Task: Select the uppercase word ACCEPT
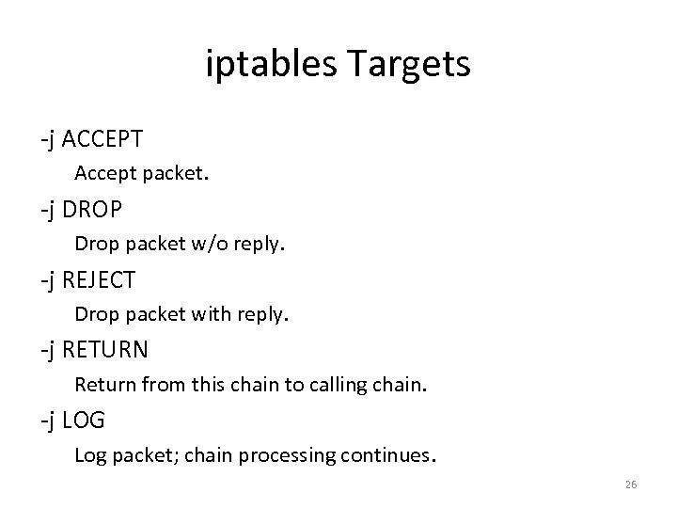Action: coord(103,139)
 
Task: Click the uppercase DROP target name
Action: coord(94,209)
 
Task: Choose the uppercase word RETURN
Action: coord(106,349)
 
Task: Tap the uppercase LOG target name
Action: coord(85,420)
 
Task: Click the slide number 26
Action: coord(630,484)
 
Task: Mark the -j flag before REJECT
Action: coord(49,279)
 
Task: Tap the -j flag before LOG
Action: coord(49,420)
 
